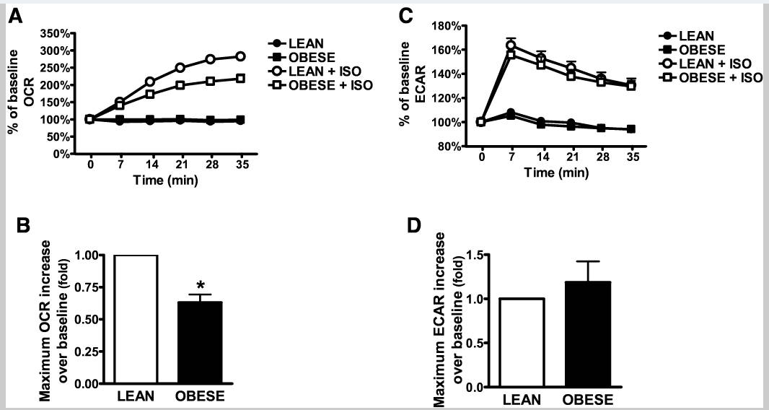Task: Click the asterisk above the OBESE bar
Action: [200, 285]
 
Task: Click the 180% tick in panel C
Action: [451, 26]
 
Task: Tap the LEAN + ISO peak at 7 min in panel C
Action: [511, 45]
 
